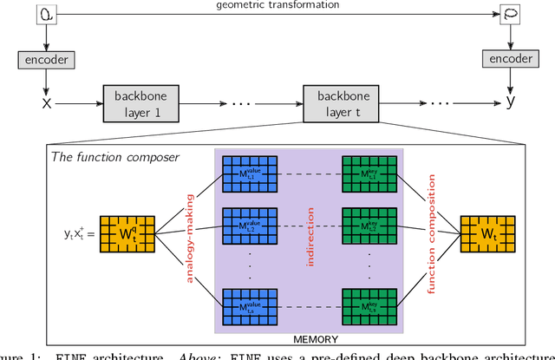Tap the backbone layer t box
[x=340, y=103]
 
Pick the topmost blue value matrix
[x=248, y=176]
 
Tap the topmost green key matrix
[x=373, y=176]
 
